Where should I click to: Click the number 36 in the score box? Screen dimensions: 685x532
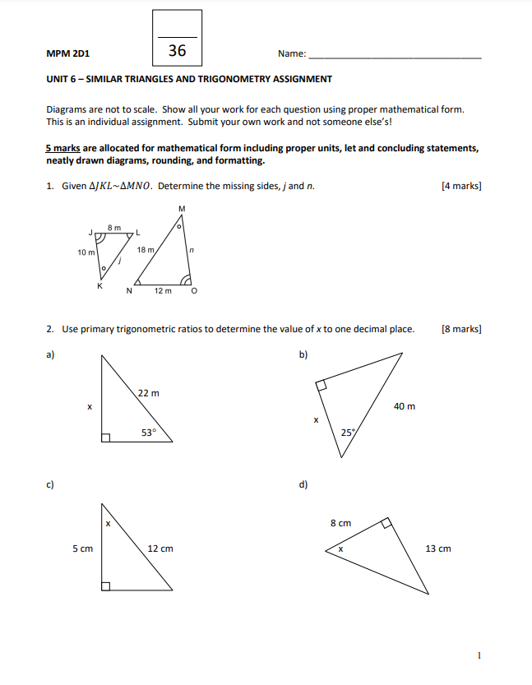click(x=177, y=51)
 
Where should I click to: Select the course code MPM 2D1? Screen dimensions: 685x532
click(x=69, y=53)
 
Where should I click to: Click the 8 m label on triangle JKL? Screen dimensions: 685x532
click(x=114, y=227)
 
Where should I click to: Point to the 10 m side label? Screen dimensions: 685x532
click(x=86, y=252)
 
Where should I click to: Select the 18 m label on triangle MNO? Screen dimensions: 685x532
click(x=146, y=249)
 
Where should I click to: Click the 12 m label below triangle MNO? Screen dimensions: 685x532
click(x=163, y=290)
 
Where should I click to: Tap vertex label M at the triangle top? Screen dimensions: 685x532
click(x=181, y=209)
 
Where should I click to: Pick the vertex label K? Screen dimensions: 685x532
click(x=100, y=285)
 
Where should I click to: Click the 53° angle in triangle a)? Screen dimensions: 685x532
click(x=148, y=432)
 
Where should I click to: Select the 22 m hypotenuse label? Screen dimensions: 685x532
click(x=149, y=393)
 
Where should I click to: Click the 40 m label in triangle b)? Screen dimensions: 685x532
click(x=405, y=406)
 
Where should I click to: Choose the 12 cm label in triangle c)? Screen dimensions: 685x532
click(x=160, y=548)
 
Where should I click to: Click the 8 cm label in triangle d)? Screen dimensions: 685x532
click(x=340, y=523)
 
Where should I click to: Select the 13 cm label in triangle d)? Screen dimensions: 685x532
click(x=438, y=548)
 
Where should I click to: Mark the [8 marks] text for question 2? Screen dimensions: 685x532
click(x=461, y=329)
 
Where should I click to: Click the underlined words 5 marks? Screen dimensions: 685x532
click(x=62, y=148)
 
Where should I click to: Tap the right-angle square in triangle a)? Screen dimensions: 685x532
click(x=105, y=438)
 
